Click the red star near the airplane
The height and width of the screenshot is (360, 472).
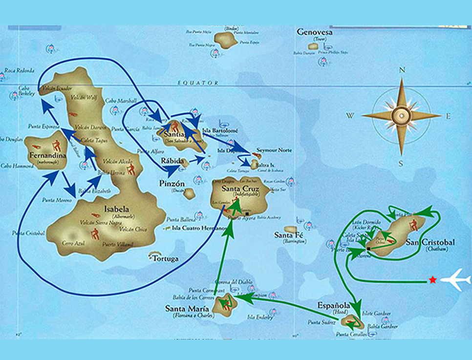432,280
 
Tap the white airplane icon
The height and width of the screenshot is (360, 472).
456,280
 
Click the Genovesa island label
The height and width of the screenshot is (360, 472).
315,32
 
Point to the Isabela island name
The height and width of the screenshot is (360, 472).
116,209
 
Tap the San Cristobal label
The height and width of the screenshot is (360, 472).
430,243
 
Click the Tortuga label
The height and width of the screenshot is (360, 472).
164,259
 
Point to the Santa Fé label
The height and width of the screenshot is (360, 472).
290,235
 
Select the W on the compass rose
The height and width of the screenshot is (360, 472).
350,116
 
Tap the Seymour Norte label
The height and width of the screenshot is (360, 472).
275,150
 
